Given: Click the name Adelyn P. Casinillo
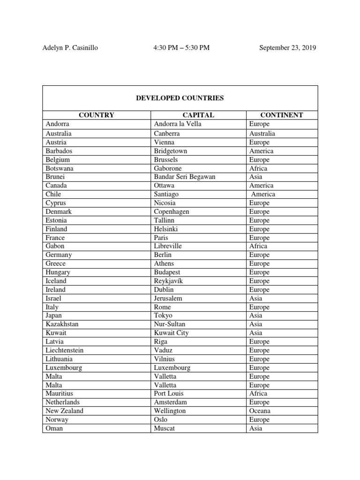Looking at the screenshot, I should pos(70,48).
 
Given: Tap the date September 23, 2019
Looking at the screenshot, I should pos(287,48).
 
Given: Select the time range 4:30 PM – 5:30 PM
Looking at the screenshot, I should pos(181,48).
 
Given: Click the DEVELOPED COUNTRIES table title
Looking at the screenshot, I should pos(180,98).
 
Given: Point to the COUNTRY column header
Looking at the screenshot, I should pos(96,115).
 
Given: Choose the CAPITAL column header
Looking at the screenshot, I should pos(198,115).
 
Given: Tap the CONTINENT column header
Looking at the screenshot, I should pos(282,115).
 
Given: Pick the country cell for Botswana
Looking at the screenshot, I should pos(60,168).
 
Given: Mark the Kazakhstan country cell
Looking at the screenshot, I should pos(62,324).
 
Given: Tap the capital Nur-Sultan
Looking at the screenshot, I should pos(169,324).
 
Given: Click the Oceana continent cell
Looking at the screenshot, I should pos(260,411).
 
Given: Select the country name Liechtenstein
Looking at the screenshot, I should pos(65,350).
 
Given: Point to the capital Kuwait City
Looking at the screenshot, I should pos(171,333).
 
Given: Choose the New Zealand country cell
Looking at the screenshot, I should pos(65,411).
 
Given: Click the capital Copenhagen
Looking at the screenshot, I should pos(172,211).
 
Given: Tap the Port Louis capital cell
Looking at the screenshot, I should pos(169,393).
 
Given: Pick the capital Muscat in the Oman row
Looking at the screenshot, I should pos(164,428).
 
